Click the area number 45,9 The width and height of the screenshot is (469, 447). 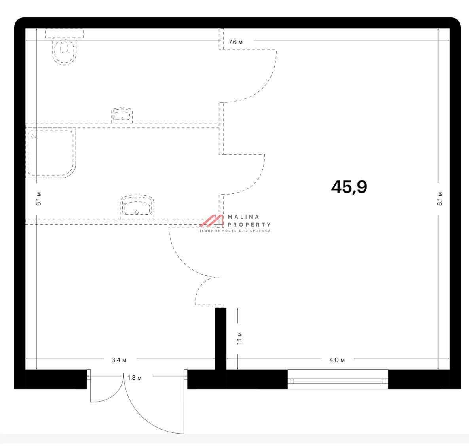click(349, 187)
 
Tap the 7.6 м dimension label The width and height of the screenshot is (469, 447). click(236, 42)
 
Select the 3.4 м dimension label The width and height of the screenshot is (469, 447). click(119, 360)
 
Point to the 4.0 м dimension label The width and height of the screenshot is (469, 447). click(337, 360)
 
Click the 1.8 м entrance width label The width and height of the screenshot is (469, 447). click(135, 378)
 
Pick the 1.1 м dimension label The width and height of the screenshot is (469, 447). click(239, 338)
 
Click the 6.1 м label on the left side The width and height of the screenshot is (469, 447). click(38, 199)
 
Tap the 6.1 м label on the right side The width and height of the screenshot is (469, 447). click(440, 199)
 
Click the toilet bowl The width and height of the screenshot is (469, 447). click(64, 51)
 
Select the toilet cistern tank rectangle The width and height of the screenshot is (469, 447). click(64, 33)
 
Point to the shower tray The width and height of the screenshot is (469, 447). click(51, 153)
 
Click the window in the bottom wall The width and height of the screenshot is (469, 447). click(338, 379)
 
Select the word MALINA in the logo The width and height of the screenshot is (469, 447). click(243, 217)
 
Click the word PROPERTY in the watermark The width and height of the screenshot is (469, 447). click(249, 225)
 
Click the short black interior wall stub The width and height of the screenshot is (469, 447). click(221, 339)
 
